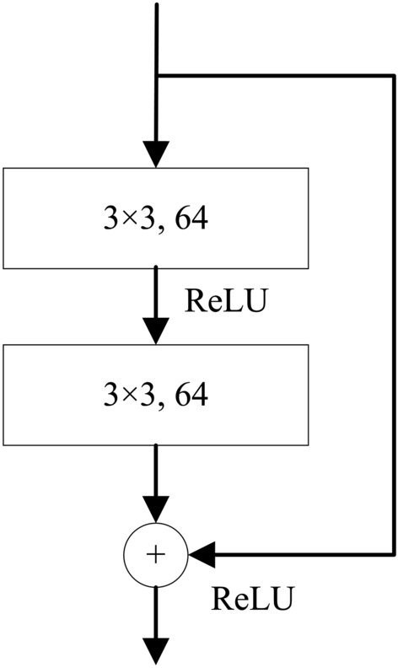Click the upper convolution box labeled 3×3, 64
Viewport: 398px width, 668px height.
coord(156,218)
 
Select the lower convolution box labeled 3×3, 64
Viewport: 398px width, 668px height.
coord(156,394)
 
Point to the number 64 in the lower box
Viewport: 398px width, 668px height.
coord(187,394)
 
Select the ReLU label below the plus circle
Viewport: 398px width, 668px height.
coord(252,599)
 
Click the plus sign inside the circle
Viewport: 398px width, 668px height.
coord(156,554)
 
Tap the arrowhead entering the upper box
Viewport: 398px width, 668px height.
coord(156,154)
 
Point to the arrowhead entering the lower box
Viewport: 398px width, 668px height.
coord(156,330)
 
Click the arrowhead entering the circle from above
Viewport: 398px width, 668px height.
coord(156,509)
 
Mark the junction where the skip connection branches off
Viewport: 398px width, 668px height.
coord(157,75)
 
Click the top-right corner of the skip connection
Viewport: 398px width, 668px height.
coord(393,75)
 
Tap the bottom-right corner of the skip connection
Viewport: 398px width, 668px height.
coord(393,554)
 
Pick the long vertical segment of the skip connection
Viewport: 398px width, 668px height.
coord(393,312)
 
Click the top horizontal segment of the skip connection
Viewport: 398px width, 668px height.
coord(274,75)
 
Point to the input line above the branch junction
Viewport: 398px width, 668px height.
coord(157,38)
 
